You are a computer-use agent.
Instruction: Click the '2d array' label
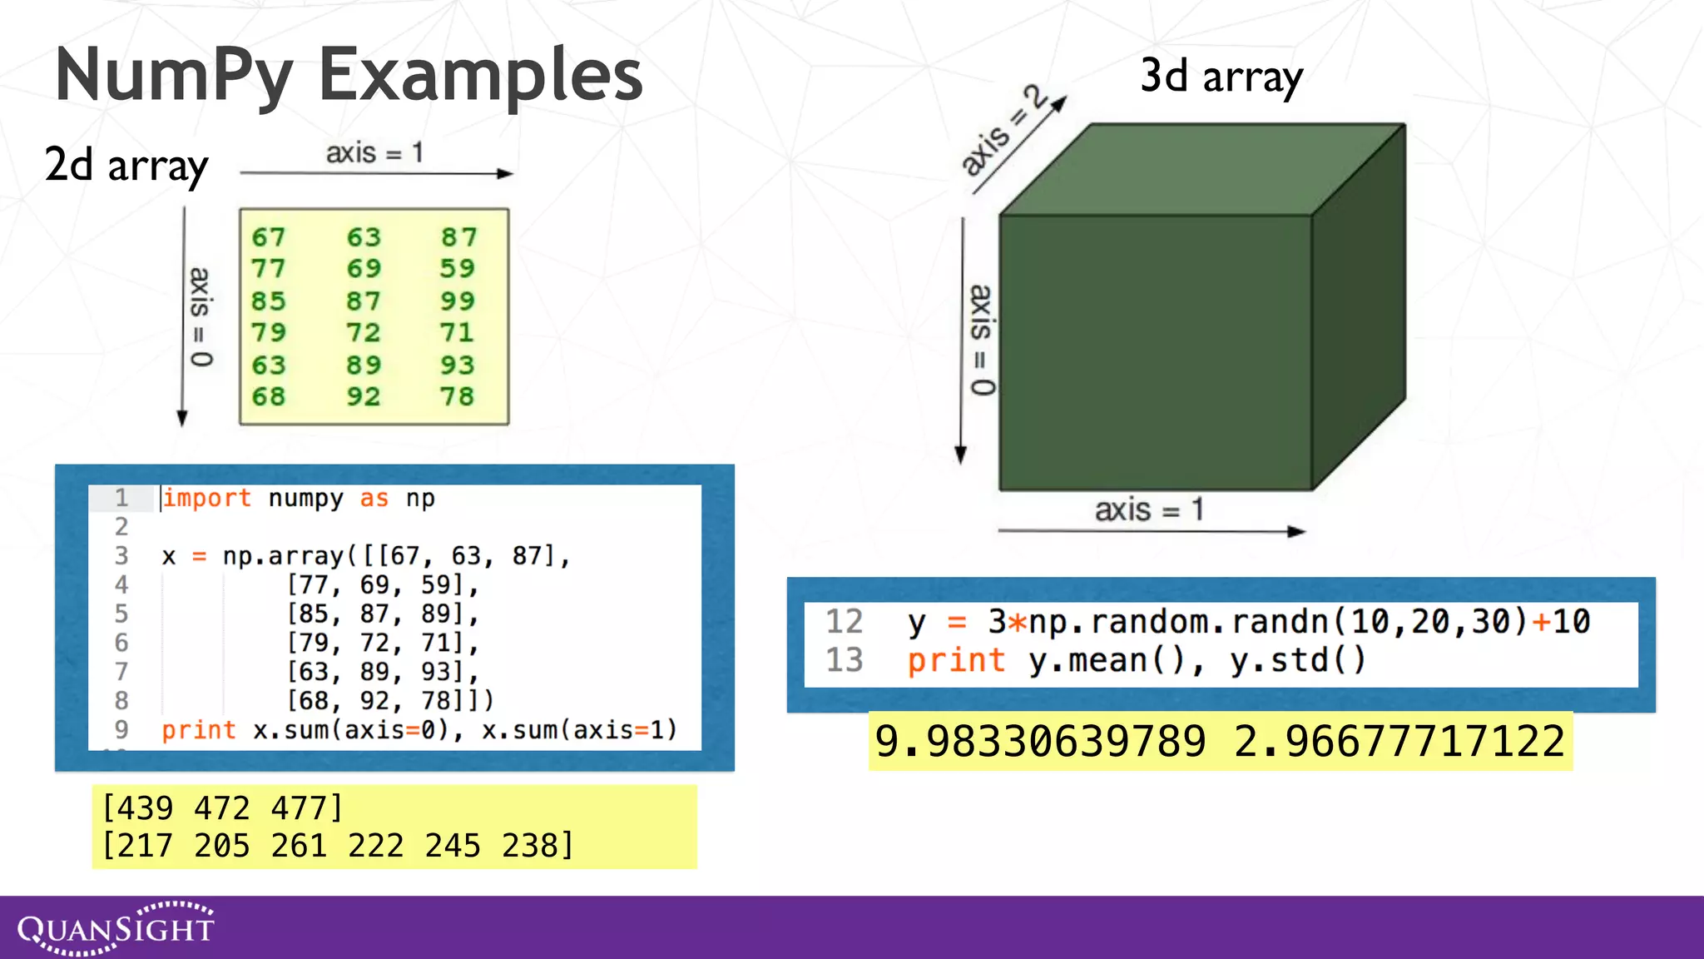click(x=126, y=165)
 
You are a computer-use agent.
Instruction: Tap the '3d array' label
click(x=1221, y=77)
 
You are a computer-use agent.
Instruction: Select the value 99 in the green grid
click(x=458, y=301)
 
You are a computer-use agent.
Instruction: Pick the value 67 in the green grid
click(x=269, y=237)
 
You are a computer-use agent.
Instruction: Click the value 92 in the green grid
click(x=364, y=396)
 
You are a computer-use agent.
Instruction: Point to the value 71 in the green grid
click(x=458, y=332)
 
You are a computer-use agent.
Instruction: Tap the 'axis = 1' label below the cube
click(x=1149, y=509)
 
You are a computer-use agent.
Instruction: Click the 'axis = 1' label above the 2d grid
click(x=374, y=153)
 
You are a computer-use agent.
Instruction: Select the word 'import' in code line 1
click(x=206, y=498)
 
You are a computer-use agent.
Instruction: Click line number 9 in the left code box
click(x=121, y=729)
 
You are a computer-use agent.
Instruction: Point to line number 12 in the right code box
click(x=844, y=622)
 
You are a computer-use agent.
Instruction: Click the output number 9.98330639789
click(x=1040, y=741)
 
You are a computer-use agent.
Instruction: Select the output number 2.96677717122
click(x=1399, y=741)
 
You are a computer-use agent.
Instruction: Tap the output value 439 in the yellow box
click(x=138, y=808)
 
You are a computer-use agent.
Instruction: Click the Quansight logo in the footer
click(x=116, y=927)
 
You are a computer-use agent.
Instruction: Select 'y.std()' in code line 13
click(x=1298, y=660)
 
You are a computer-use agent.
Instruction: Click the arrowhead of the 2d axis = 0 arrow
click(x=182, y=418)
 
